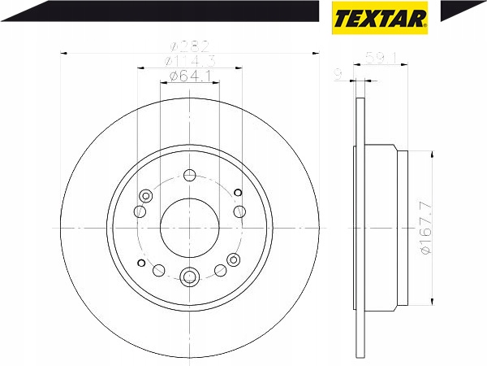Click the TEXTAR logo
380,18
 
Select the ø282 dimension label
189,47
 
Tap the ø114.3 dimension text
190,61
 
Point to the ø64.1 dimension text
190,76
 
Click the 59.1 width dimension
381,58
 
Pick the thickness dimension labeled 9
338,75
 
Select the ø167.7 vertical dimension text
426,228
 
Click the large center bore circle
190,229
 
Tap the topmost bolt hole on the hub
189,175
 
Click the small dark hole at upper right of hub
238,193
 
